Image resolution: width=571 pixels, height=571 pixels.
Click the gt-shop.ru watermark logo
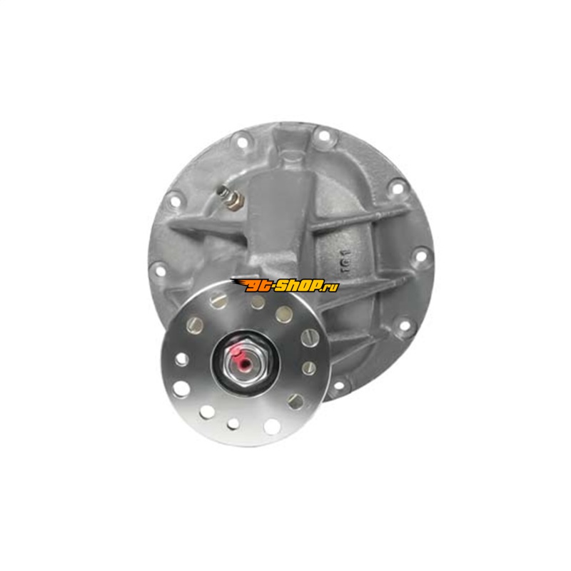pos(285,285)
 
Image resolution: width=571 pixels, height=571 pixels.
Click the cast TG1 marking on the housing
pos(346,261)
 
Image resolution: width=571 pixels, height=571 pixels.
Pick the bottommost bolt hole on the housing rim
pos(338,385)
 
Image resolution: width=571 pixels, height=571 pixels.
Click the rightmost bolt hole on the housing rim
pos(420,256)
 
